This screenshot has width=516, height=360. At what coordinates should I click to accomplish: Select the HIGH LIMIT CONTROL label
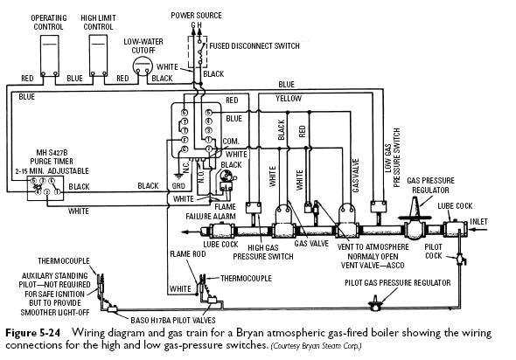pos(100,21)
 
